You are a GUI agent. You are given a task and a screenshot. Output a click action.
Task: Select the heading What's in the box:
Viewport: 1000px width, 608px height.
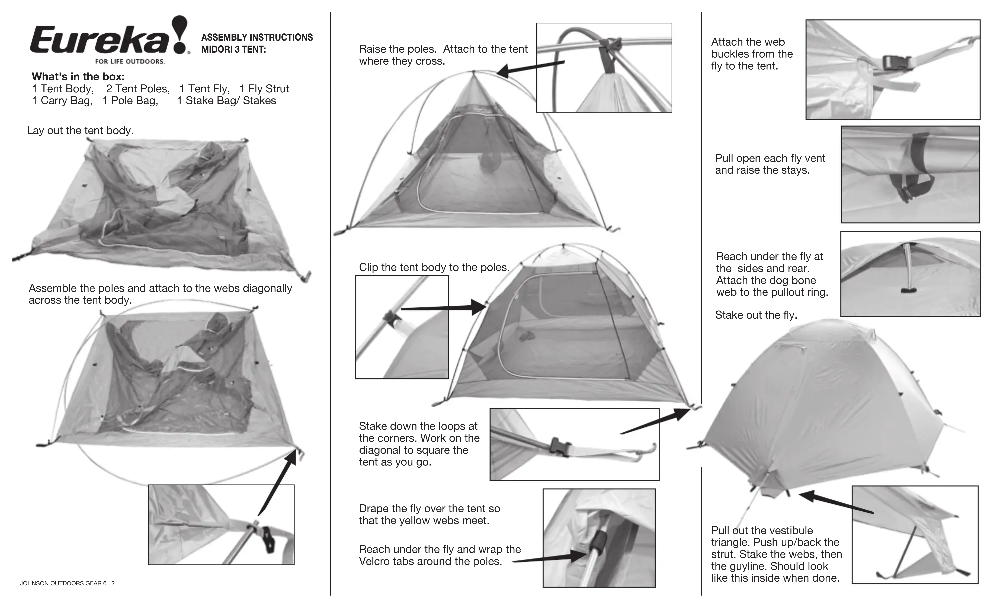78,77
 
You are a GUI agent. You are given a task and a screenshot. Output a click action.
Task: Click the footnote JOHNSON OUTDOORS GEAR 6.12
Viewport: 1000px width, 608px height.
67,583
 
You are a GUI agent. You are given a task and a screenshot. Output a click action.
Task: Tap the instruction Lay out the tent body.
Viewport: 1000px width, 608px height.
80,130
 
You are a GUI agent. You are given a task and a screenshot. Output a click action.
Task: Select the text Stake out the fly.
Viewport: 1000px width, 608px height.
756,315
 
